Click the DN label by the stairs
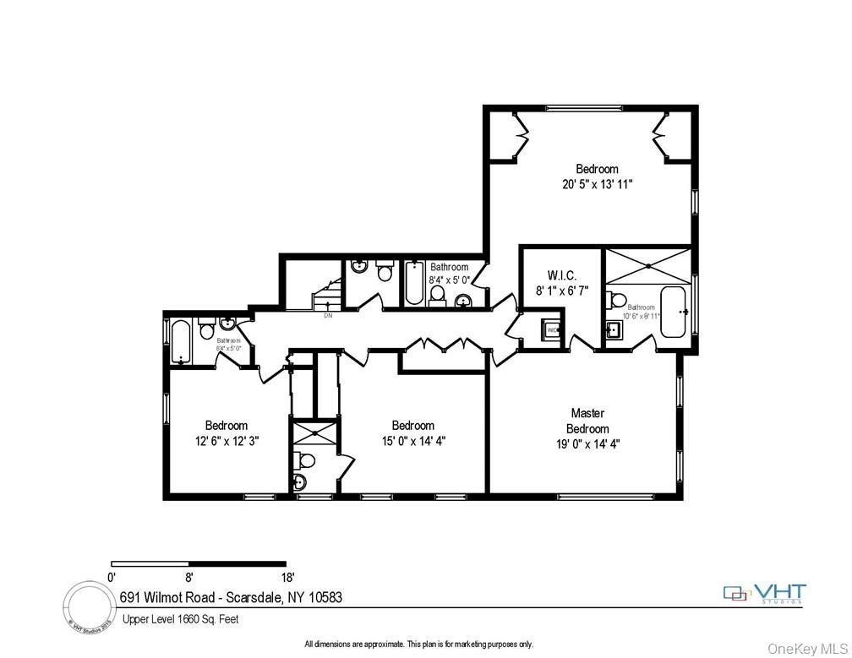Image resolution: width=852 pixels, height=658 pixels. [x=328, y=317]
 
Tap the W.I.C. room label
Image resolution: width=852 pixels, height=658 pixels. [x=561, y=275]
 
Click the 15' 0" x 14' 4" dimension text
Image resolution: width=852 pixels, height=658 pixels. [x=412, y=440]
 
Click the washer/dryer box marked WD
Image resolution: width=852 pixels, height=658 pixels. [x=552, y=329]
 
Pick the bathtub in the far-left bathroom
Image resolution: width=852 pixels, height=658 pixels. [x=181, y=342]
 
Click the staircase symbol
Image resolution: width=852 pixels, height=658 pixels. [x=326, y=296]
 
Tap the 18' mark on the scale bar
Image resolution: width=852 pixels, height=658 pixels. [x=287, y=578]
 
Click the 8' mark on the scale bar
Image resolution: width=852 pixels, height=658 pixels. [x=189, y=578]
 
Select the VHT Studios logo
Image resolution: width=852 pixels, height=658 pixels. [x=765, y=594]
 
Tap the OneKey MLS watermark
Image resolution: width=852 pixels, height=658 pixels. [x=807, y=648]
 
